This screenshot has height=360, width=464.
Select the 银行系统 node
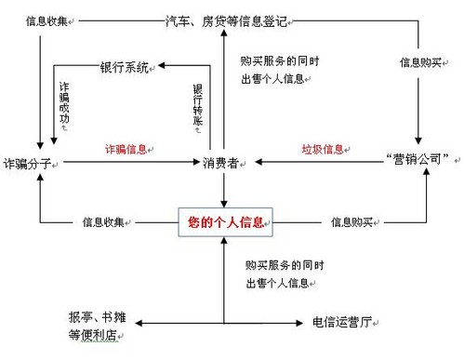(x=124, y=67)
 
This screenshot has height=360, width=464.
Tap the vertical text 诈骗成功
(x=63, y=107)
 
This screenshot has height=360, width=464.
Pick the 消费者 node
(x=222, y=163)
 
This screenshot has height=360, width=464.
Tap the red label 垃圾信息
(x=321, y=149)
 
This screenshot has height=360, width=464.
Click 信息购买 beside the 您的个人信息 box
(x=352, y=222)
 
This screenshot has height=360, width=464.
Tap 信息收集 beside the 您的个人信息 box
(x=104, y=222)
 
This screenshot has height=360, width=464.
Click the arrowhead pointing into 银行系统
(x=161, y=66)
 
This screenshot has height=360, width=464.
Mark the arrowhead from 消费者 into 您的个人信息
(x=224, y=205)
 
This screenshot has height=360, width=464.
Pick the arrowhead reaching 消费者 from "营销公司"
(x=259, y=163)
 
